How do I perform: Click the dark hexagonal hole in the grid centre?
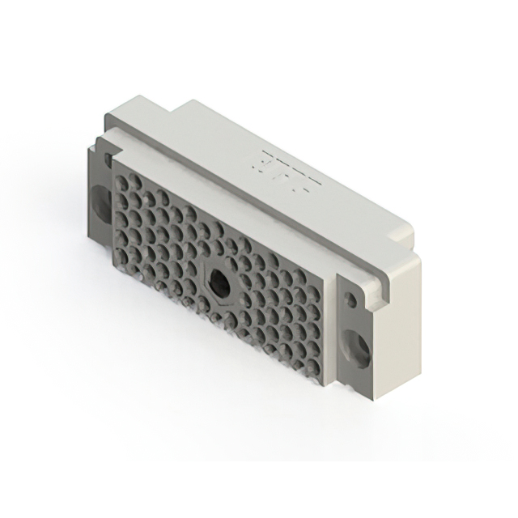click(x=217, y=284)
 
